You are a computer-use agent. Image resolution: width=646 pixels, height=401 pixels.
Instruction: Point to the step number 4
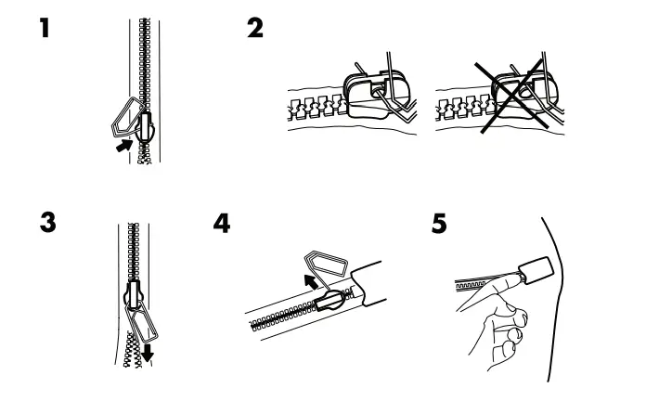tap(222, 225)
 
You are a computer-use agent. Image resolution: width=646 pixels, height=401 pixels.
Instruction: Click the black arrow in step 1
tap(120, 145)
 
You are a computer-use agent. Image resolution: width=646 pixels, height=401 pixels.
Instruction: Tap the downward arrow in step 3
tap(147, 351)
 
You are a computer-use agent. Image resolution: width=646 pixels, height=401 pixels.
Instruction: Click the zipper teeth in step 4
tap(278, 317)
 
